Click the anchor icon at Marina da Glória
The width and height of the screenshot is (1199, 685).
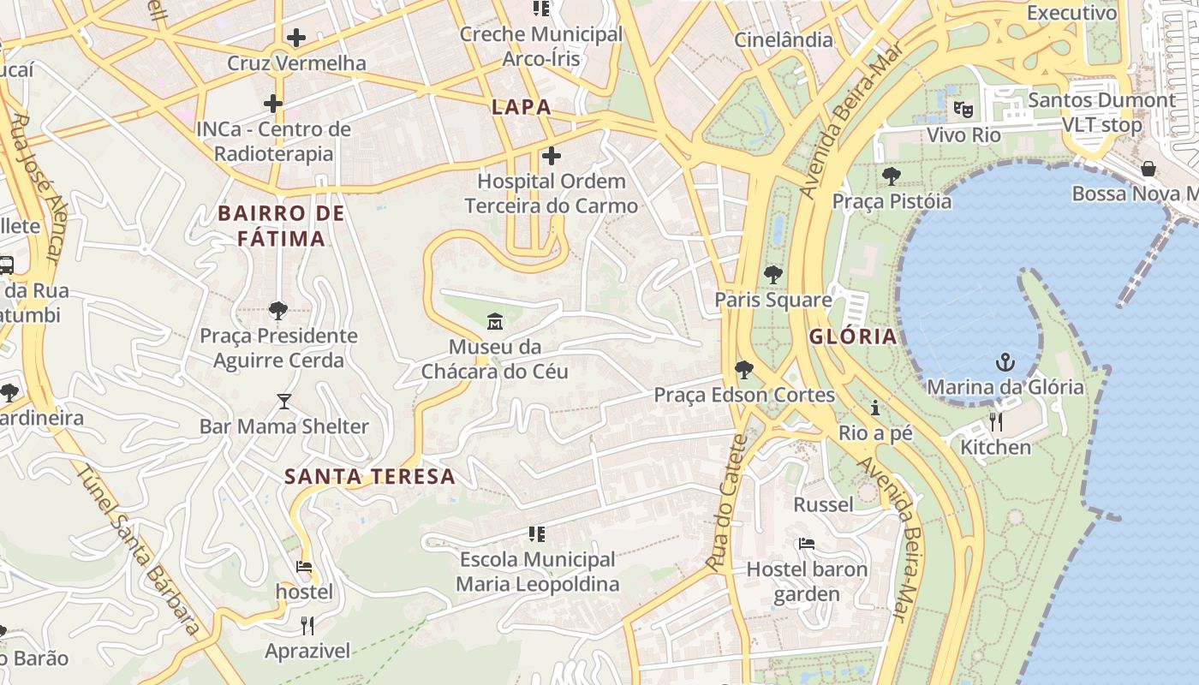[x=1005, y=362]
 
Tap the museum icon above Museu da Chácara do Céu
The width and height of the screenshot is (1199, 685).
[x=495, y=322]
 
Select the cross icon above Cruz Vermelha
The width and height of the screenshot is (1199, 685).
[x=296, y=38]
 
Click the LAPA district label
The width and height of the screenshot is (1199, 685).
[x=521, y=108]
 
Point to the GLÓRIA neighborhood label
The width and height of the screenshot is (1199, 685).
[x=853, y=337]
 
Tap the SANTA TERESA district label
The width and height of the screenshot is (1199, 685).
[x=369, y=477]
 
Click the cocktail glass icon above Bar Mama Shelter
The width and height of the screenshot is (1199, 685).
[x=284, y=401]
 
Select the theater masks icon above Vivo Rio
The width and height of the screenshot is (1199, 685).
[x=964, y=110]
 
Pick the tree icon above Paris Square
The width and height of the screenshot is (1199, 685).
[x=773, y=275]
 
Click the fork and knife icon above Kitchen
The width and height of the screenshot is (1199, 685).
[x=995, y=422]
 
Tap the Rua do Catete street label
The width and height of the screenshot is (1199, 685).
[x=729, y=503]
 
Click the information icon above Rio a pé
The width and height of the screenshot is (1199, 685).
[x=875, y=408]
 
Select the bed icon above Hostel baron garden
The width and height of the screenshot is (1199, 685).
[x=806, y=544]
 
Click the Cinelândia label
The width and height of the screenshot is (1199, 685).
[x=784, y=39]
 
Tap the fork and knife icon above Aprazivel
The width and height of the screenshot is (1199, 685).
[x=307, y=626]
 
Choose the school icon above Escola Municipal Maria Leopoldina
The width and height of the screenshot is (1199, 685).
[x=537, y=534]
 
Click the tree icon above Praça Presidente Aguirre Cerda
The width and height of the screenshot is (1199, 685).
[x=277, y=310]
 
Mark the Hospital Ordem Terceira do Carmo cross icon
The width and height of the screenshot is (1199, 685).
[x=552, y=156]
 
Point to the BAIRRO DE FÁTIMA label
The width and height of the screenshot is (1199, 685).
[x=281, y=226]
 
